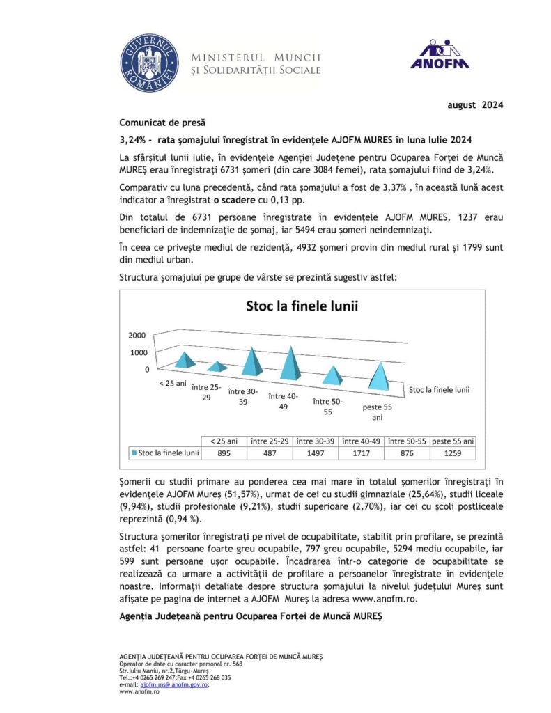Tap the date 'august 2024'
[474, 105]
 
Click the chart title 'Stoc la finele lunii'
[302, 305]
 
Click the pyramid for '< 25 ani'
[185, 359]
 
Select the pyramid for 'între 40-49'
[293, 367]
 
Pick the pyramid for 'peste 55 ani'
[379, 376]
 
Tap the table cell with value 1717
[361, 453]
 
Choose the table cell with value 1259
[453, 453]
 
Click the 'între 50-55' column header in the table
[407, 441]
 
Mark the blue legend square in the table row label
[134, 453]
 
